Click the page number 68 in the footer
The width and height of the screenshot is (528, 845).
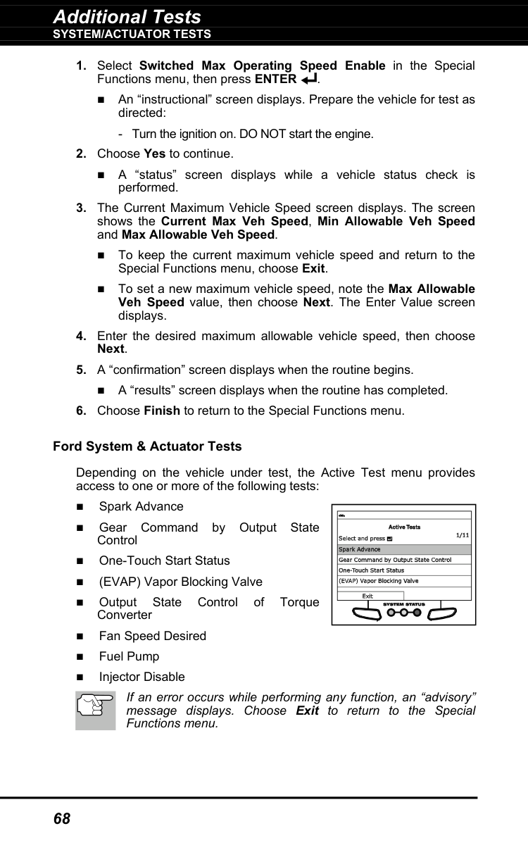click(x=62, y=818)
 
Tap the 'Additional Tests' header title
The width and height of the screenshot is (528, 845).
click(x=127, y=16)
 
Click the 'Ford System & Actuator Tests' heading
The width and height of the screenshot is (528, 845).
click(x=147, y=446)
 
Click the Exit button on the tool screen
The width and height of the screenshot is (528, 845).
click(x=367, y=596)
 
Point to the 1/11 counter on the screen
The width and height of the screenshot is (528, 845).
click(x=462, y=534)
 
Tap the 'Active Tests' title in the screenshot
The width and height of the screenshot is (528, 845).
click(x=404, y=527)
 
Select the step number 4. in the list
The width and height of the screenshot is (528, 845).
click(x=82, y=337)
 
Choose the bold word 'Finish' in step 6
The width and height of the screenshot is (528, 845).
click(x=161, y=411)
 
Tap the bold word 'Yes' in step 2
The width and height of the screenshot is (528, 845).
click(x=154, y=154)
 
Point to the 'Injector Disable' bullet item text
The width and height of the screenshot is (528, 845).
click(x=142, y=677)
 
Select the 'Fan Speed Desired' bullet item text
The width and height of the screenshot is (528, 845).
click(x=152, y=636)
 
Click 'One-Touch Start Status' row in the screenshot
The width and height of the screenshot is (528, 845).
click(x=372, y=570)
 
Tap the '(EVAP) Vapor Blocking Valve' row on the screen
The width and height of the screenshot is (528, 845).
click(x=379, y=581)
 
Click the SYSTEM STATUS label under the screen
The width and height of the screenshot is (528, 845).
click(x=404, y=604)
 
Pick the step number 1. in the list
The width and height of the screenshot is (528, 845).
click(x=82, y=66)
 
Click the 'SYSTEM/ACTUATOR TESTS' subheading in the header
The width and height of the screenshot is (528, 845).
click(x=132, y=34)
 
